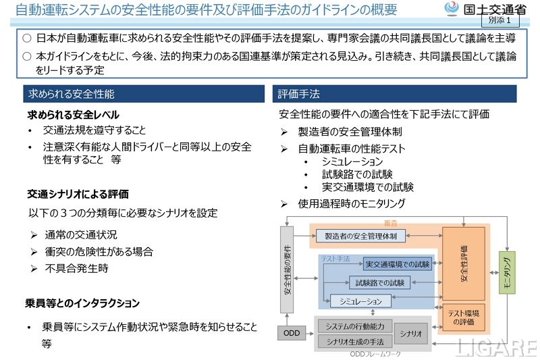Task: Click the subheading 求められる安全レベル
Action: (73, 115)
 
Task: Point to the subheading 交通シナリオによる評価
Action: (78, 194)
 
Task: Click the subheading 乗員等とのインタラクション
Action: (82, 303)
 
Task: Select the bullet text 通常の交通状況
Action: (81, 234)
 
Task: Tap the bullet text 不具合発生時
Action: (76, 268)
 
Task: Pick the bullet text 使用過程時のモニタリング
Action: (351, 203)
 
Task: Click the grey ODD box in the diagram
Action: (291, 333)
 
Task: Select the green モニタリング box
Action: (506, 273)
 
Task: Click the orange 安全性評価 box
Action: (463, 264)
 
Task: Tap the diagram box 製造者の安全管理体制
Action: (360, 236)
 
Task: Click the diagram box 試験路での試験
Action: (379, 282)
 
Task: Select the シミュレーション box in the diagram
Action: (360, 301)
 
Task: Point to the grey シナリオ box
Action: (410, 333)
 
